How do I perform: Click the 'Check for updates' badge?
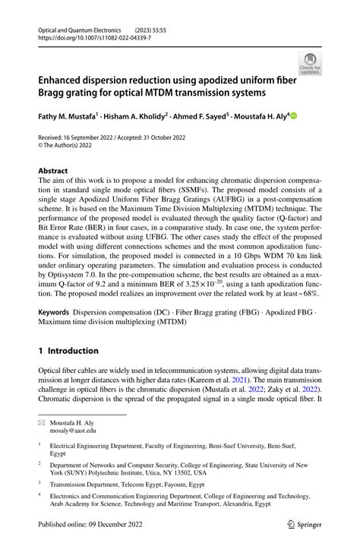point(309,64)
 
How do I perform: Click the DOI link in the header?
point(88,36)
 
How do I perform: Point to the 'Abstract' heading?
point(53,171)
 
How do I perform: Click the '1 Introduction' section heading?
point(68,350)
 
